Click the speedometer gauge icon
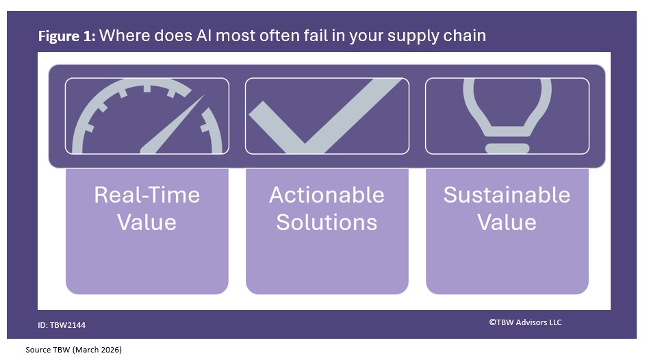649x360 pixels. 147,116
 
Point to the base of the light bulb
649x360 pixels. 507,147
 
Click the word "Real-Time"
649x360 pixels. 147,195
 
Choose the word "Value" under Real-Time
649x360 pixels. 147,222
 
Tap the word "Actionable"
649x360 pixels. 327,195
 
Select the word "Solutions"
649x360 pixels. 327,222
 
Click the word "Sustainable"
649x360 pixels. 507,195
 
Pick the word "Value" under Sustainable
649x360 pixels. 507,222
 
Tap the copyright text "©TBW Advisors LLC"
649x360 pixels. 525,322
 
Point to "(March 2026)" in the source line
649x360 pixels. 98,350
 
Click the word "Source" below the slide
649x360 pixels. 38,350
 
